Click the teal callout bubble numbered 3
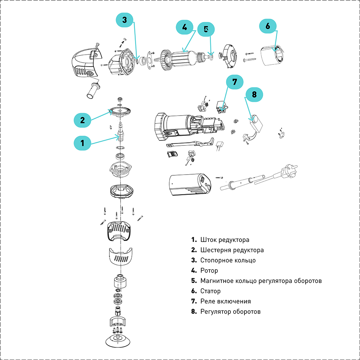coord(125,20)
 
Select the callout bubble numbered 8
coord(254,95)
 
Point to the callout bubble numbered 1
coord(82,143)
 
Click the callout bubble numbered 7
coord(235,82)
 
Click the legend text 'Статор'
coord(211,291)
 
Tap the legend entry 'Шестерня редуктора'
coord(232,250)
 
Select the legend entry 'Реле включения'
coord(225,301)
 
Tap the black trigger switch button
coord(172,154)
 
